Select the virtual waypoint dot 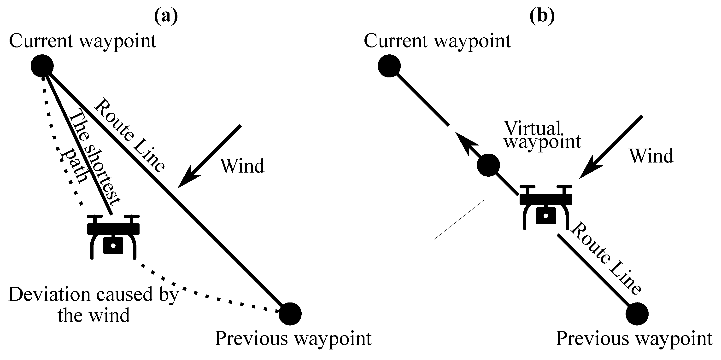tap(488, 165)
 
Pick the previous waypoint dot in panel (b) tap(637, 314)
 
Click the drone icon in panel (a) tap(113, 237)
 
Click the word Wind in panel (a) tap(242, 166)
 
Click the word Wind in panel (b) tap(651, 156)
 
